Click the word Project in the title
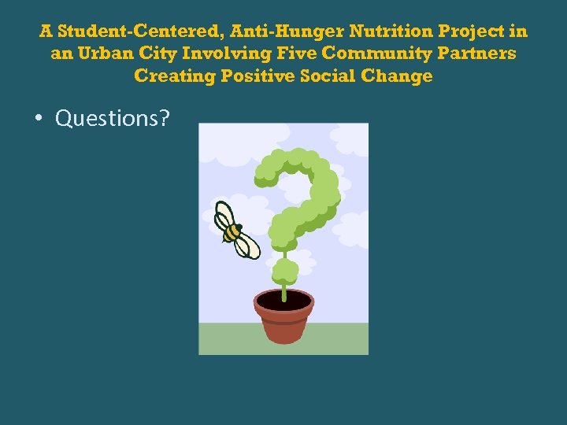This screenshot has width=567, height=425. point(473,32)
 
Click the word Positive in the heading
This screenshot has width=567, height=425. point(257,76)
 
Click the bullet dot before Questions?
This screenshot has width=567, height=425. point(38,119)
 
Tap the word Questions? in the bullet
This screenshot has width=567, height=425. point(113,118)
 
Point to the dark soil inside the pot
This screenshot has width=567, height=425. point(283,300)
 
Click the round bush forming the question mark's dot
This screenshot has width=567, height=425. point(284,272)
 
